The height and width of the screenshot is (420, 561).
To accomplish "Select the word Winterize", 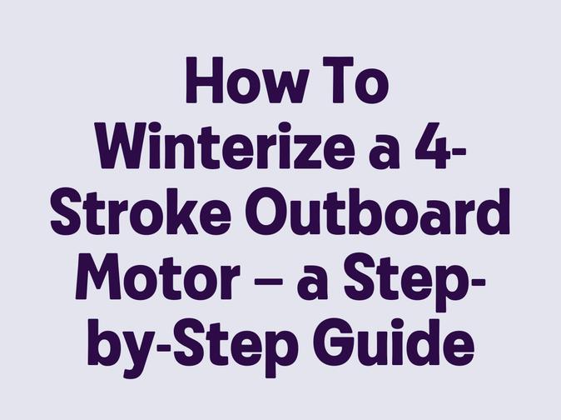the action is click(226, 146).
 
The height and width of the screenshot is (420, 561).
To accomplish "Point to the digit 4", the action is click(432, 146).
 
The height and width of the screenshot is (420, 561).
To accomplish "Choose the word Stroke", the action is click(140, 212).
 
